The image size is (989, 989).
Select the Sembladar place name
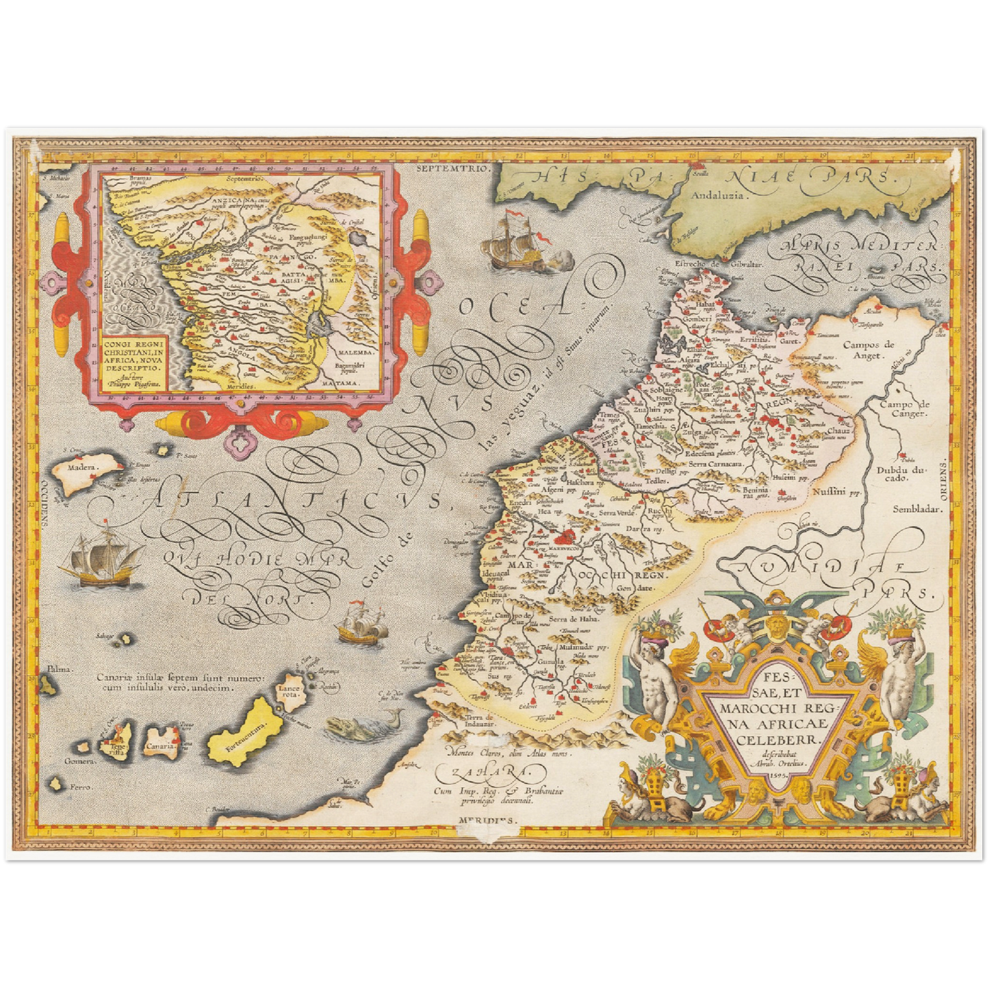[917, 509]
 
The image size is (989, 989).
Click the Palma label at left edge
[58, 669]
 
